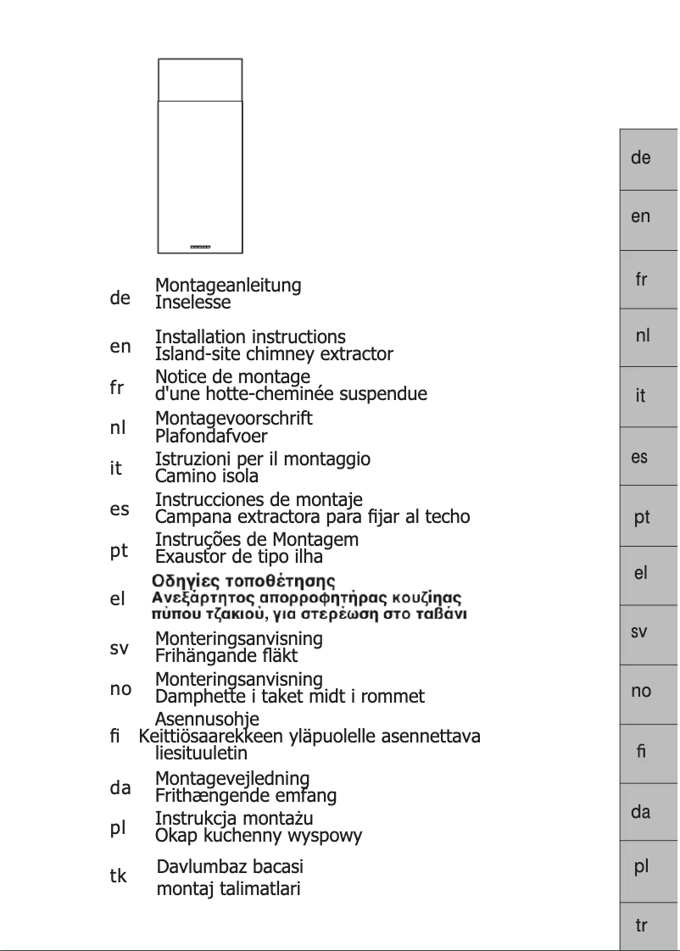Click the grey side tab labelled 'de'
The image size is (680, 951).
(x=649, y=158)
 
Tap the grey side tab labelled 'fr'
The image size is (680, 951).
(x=649, y=279)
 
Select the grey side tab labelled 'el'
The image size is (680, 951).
(x=649, y=574)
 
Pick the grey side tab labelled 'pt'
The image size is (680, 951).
(x=649, y=517)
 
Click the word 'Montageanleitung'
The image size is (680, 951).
(x=228, y=286)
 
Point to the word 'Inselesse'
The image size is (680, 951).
(x=192, y=302)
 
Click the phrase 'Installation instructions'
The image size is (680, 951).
(x=250, y=337)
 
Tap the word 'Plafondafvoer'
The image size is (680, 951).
(x=211, y=437)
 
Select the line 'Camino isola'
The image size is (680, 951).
(x=207, y=475)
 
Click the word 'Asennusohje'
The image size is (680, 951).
(x=207, y=720)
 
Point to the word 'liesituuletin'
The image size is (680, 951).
(x=202, y=753)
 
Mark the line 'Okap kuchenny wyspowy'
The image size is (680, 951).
(x=259, y=836)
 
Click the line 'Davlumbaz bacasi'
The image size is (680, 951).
(x=230, y=867)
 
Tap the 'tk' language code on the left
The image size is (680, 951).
(x=118, y=876)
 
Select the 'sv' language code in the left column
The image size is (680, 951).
(x=119, y=648)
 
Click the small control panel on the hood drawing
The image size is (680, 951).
(x=200, y=247)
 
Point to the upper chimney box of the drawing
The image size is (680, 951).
(x=200, y=79)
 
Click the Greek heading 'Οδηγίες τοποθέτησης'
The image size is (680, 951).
(x=243, y=581)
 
